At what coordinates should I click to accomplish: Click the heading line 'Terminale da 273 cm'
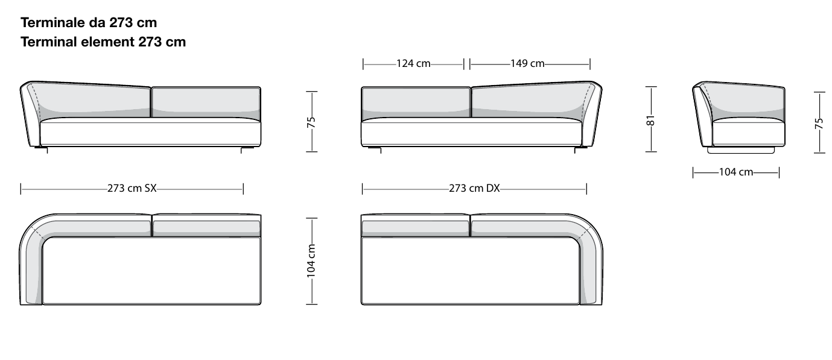pyautogui.click(x=89, y=23)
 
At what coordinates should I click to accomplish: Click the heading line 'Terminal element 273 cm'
pyautogui.click(x=103, y=42)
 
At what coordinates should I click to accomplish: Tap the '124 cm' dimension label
pyautogui.click(x=413, y=63)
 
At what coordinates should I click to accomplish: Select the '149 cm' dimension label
pyautogui.click(x=527, y=63)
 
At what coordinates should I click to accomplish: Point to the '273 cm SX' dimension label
pyautogui.click(x=132, y=188)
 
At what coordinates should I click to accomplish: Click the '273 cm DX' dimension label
pyautogui.click(x=474, y=188)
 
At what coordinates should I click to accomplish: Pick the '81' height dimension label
pyautogui.click(x=650, y=121)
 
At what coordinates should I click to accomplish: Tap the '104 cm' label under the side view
pyautogui.click(x=736, y=172)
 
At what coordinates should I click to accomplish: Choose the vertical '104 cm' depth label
pyautogui.click(x=311, y=261)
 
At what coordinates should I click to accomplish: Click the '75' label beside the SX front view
pyautogui.click(x=311, y=122)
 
